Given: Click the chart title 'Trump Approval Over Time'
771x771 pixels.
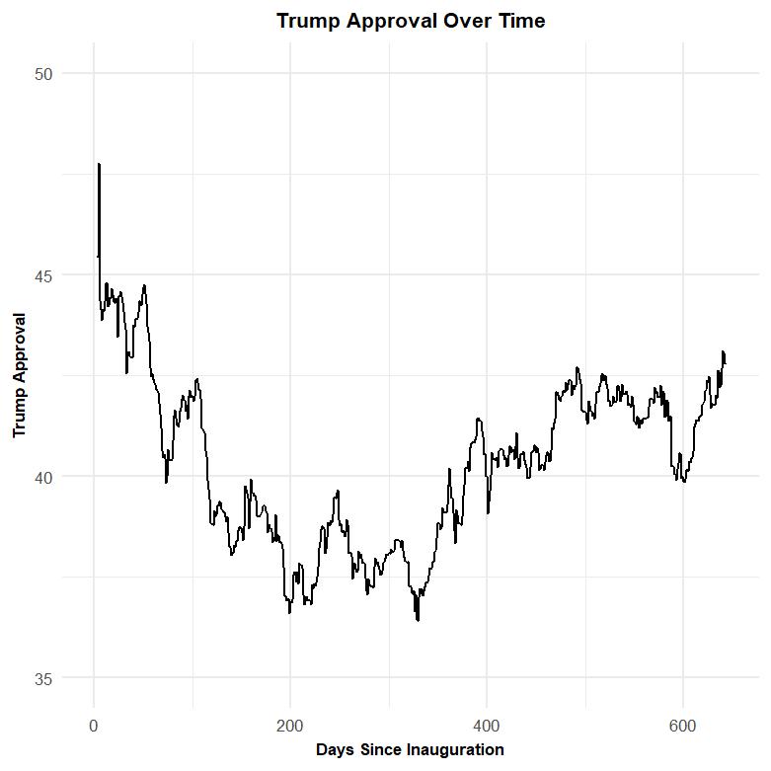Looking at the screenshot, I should (410, 21).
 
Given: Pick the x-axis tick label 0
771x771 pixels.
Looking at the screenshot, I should (94, 728).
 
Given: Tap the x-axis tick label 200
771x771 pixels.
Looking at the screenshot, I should (290, 728).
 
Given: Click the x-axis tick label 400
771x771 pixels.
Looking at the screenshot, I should (487, 728).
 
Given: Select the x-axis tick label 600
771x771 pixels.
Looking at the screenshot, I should (683, 728).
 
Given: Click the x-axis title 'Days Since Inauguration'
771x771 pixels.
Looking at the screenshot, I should (410, 750).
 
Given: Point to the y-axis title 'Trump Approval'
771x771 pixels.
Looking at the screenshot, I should (19, 375).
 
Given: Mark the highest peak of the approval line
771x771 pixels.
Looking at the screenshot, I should (99, 165).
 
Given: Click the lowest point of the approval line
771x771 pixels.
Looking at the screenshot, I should (418, 620).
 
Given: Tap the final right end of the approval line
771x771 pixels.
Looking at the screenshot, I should (725, 363).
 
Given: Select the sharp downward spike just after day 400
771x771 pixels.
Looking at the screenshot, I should (488, 512).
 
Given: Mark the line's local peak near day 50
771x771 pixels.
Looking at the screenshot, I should (144, 286).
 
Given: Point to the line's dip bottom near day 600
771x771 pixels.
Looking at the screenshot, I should (684, 481).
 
